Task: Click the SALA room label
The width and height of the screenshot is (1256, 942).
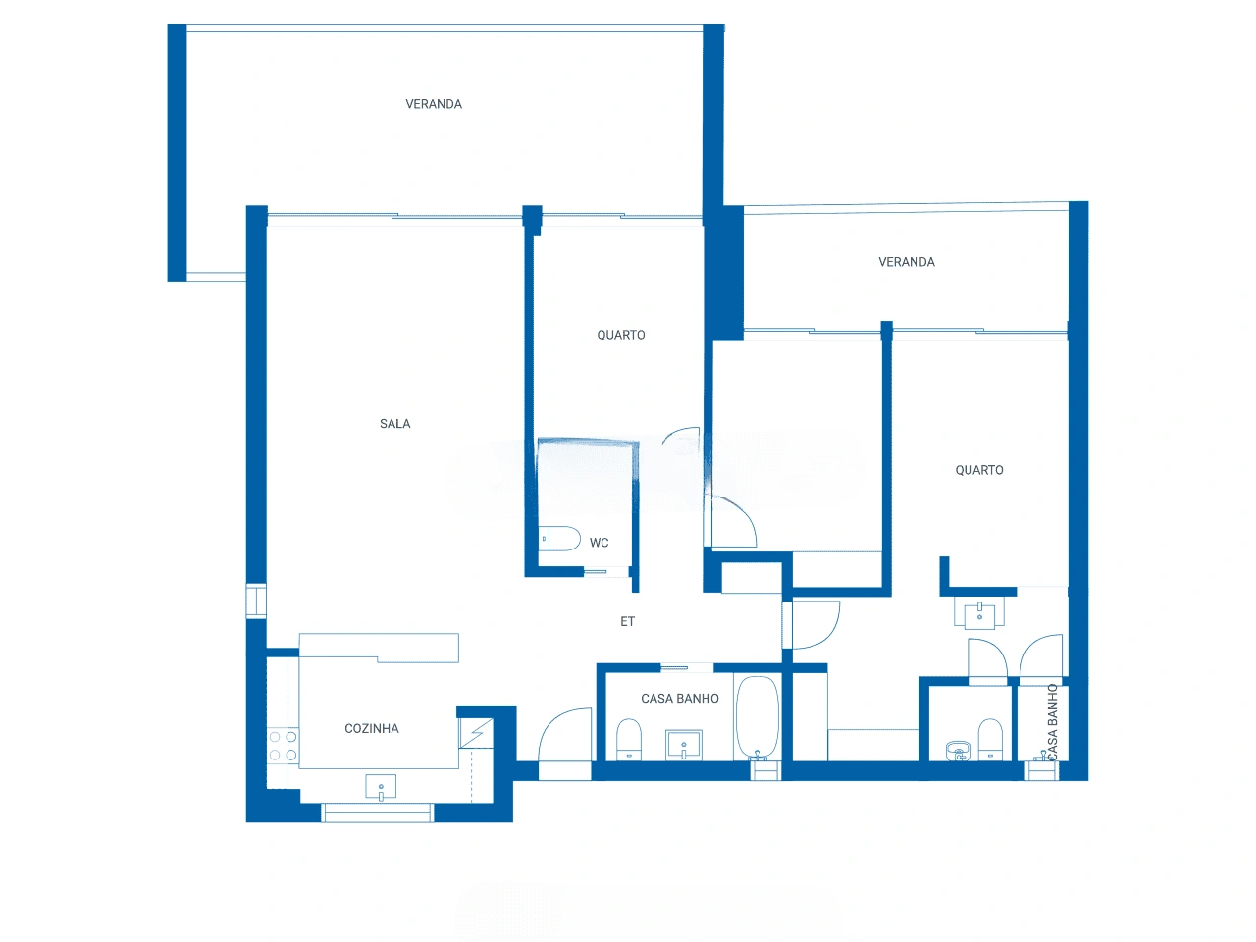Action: pyautogui.click(x=394, y=424)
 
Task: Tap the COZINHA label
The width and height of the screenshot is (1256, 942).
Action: pyautogui.click(x=371, y=729)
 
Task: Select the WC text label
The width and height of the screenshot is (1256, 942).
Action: pyautogui.click(x=600, y=543)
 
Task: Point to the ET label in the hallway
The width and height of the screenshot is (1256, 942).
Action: pyautogui.click(x=627, y=621)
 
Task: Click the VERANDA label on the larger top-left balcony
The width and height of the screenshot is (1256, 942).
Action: pyautogui.click(x=434, y=104)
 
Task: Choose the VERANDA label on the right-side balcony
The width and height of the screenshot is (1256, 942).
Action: pyautogui.click(x=907, y=262)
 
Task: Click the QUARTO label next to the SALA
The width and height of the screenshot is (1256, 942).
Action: pyautogui.click(x=621, y=335)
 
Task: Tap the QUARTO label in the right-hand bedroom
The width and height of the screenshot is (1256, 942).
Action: pyautogui.click(x=979, y=470)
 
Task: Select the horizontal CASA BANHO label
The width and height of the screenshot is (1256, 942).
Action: pyautogui.click(x=680, y=699)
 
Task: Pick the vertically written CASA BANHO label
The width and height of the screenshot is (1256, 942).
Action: pyautogui.click(x=1052, y=722)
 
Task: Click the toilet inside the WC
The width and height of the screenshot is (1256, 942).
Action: pyautogui.click(x=559, y=538)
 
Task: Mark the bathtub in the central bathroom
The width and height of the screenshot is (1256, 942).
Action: pyautogui.click(x=758, y=718)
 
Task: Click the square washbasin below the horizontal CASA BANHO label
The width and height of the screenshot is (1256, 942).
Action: pyautogui.click(x=684, y=745)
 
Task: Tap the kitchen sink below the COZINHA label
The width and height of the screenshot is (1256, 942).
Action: pyautogui.click(x=381, y=787)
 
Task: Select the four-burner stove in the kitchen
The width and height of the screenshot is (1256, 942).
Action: pyautogui.click(x=283, y=746)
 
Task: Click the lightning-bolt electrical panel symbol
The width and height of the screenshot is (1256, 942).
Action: pyautogui.click(x=476, y=733)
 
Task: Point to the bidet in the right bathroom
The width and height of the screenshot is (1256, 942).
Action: pyautogui.click(x=959, y=751)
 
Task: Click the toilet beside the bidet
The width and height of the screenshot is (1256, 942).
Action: pyautogui.click(x=990, y=740)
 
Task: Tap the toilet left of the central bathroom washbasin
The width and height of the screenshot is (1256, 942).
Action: pyautogui.click(x=629, y=740)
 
